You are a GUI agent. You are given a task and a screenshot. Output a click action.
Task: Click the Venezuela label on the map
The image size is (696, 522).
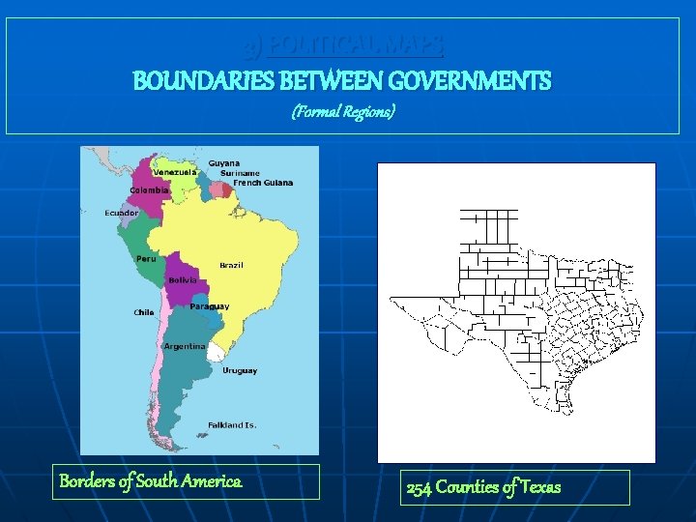tap(175, 172)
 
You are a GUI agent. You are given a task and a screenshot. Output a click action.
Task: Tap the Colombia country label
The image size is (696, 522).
tap(150, 189)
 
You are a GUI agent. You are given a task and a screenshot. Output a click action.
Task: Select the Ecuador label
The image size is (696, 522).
tap(122, 213)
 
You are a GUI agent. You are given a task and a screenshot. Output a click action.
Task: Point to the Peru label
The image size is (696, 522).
tap(146, 258)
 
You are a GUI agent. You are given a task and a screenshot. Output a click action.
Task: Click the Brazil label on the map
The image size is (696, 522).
tap(231, 265)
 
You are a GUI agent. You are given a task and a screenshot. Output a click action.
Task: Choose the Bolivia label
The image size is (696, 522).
tap(183, 280)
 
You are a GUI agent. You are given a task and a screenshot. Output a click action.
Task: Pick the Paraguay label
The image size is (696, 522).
tap(210, 306)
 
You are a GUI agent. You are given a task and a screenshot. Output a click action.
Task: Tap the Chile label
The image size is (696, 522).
tap(144, 312)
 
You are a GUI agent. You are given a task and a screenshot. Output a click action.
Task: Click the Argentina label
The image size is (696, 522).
tap(185, 346)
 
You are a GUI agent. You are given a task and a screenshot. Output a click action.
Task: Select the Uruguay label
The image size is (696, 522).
tap(240, 371)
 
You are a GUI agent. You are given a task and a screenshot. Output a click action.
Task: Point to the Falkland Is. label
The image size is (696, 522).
tap(232, 425)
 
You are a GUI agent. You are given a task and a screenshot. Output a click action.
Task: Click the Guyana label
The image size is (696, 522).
tap(224, 163)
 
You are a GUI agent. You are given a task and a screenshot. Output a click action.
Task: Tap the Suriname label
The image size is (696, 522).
tap(240, 173)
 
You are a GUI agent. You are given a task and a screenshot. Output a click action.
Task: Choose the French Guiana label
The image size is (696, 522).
tap(263, 183)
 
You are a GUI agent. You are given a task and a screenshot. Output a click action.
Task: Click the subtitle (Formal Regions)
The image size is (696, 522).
tap(343, 113)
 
